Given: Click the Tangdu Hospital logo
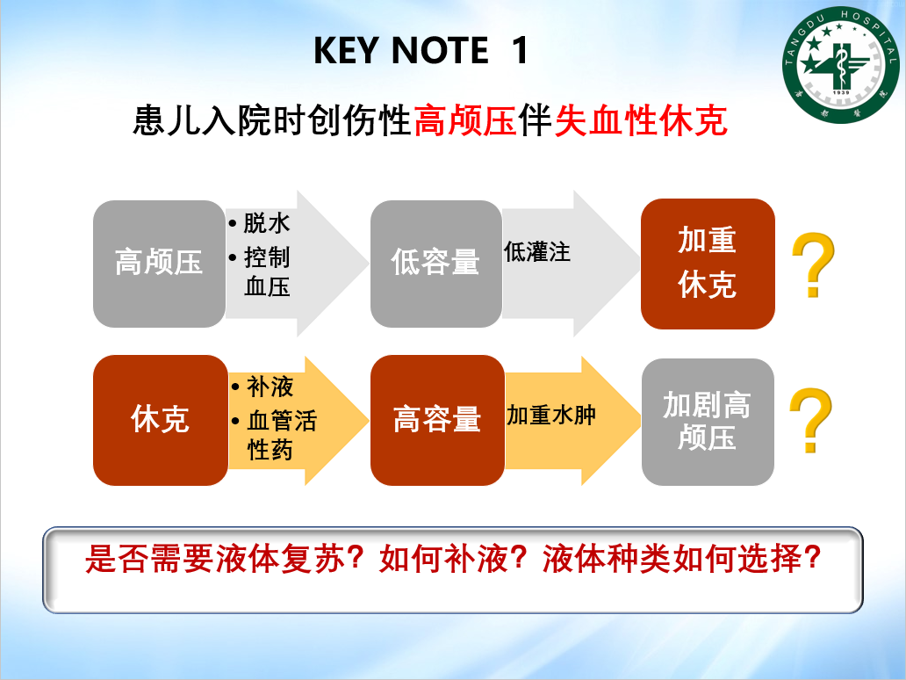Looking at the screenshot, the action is (841, 65).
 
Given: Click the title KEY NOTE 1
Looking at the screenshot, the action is (421, 50).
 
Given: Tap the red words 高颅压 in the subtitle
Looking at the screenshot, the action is (465, 120).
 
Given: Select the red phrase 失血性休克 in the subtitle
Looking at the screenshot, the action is (640, 120).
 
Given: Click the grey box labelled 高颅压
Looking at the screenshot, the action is (159, 264).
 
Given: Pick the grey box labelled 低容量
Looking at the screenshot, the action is (435, 264).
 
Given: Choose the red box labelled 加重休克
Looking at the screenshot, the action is (708, 264).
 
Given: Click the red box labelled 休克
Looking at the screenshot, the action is (160, 420).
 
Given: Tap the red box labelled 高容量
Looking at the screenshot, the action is (437, 420).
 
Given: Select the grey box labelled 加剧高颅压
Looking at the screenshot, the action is (708, 422).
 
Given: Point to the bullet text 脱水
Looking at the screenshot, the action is (266, 222).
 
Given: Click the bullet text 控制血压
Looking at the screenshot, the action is (266, 271).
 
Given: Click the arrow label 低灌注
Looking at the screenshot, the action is (536, 252).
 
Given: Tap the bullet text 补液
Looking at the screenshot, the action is (270, 387).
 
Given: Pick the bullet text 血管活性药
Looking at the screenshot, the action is (282, 436).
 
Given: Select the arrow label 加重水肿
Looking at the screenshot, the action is (551, 416).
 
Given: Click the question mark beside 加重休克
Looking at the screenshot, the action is (813, 264).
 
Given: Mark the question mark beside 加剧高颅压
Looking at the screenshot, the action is (810, 420).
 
